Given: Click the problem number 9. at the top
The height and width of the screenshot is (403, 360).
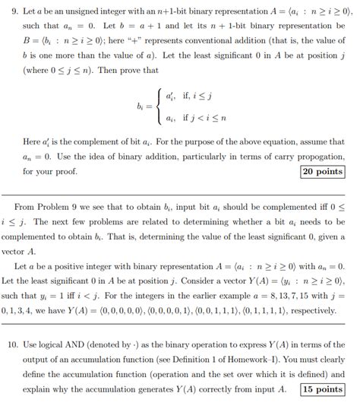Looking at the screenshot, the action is [x=9, y=8].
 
